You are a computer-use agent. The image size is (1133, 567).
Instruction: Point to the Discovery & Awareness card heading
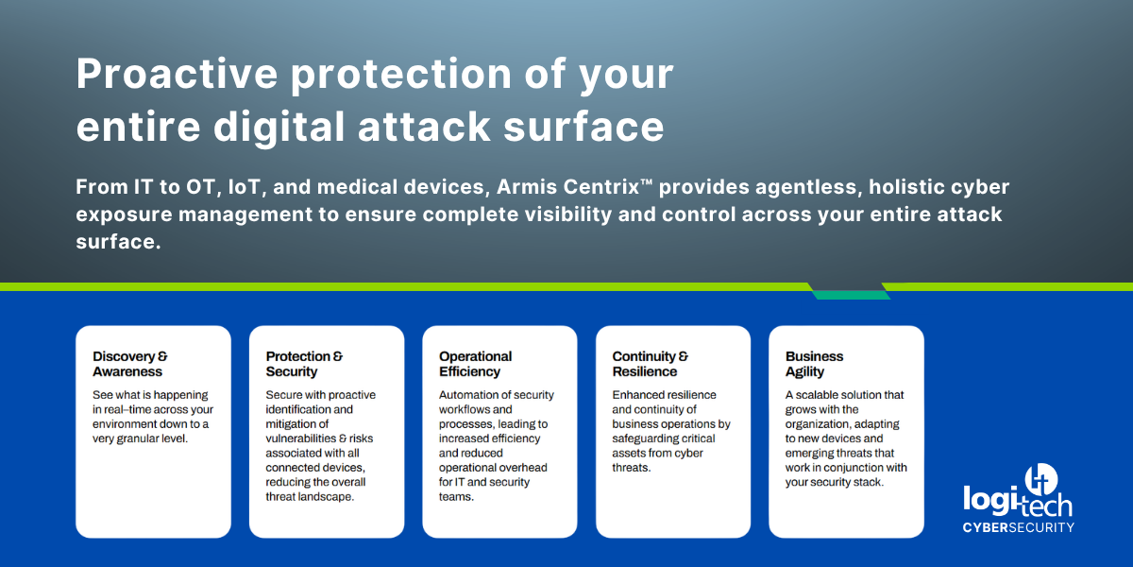130,364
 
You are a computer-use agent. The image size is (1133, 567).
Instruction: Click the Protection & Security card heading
304,364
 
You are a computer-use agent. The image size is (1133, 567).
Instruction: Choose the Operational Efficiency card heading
475,364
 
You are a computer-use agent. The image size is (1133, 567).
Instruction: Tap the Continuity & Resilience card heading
651,364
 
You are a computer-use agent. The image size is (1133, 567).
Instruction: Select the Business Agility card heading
814,364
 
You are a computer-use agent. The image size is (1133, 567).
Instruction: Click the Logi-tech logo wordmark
1016,498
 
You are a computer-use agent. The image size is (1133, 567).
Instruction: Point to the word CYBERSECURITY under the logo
1018,526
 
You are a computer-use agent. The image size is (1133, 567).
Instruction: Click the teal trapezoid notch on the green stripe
849,292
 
